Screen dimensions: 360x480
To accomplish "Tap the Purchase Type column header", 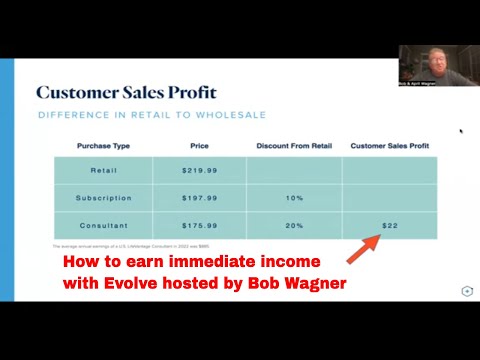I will [x=103, y=146].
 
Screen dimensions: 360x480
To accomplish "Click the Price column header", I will [x=199, y=146].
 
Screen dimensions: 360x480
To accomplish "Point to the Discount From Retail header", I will [x=294, y=146].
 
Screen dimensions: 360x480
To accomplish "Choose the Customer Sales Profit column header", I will [x=390, y=146].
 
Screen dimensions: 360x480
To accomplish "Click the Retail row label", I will [x=103, y=170].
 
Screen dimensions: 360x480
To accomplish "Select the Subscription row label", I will [x=103, y=198].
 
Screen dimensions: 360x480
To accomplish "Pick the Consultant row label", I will [x=103, y=226].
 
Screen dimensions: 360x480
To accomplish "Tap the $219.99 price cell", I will [x=199, y=170].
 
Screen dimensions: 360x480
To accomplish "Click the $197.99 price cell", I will [x=199, y=198].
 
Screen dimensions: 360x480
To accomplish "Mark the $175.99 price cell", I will [x=199, y=226].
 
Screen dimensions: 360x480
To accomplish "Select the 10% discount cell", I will [x=294, y=198].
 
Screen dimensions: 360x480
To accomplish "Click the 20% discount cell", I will [x=294, y=226].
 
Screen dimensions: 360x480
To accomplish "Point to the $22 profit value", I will [x=390, y=226].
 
